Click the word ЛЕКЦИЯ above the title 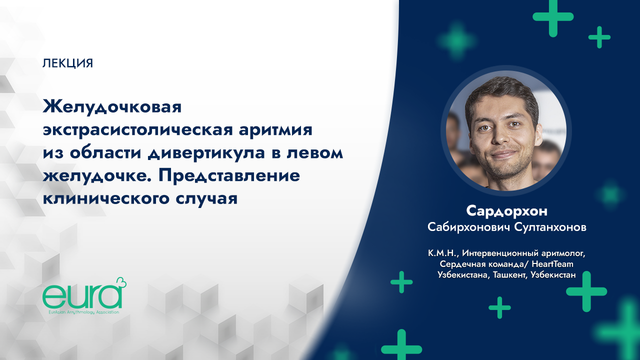click(68, 63)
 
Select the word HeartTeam click(552, 264)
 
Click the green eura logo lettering click(80, 297)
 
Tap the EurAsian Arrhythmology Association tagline click(80, 311)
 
